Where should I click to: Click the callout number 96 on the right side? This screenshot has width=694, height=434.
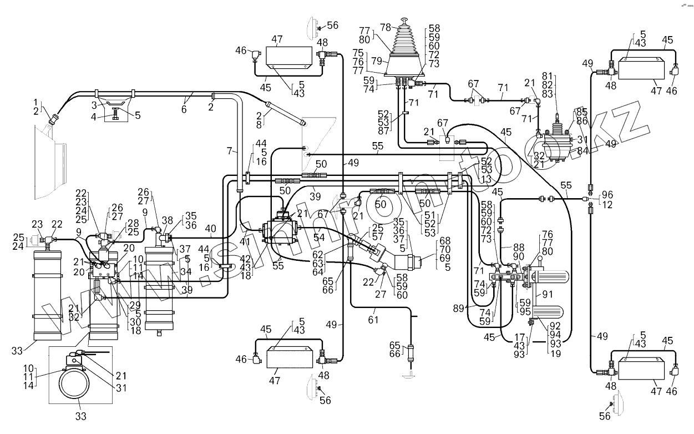tap(607, 195)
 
